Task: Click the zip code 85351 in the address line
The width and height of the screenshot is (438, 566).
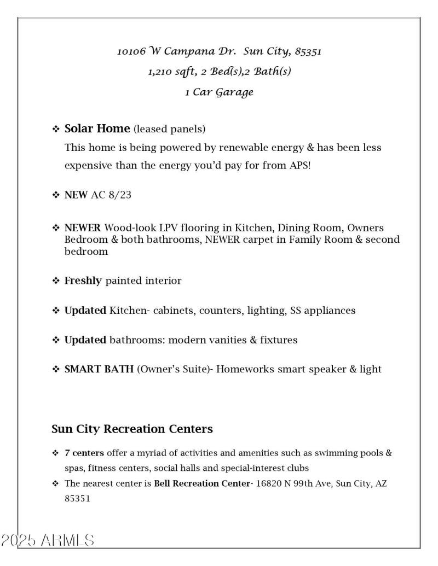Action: [x=308, y=52]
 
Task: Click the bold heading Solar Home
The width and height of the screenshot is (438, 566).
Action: [x=97, y=129]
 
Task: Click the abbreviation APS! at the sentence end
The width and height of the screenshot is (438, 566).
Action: [x=299, y=166]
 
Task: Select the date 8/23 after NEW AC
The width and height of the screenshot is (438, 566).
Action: [x=120, y=195]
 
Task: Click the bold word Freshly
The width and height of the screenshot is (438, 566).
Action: [x=83, y=281]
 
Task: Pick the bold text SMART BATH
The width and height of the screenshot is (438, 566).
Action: [x=99, y=370]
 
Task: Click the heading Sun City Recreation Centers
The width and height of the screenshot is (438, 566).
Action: [x=132, y=429]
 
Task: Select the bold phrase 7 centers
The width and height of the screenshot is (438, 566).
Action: [x=84, y=453]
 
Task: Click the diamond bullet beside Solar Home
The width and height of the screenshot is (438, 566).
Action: [x=55, y=130]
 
